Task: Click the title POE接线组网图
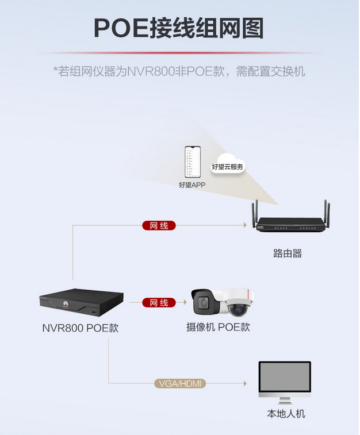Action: tap(179, 28)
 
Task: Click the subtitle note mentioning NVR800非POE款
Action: tap(179, 71)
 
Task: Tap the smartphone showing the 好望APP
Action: tap(193, 163)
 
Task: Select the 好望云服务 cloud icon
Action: tap(228, 164)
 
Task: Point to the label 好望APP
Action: tap(192, 185)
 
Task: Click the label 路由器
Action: tap(287, 253)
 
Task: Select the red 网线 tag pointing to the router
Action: tap(159, 225)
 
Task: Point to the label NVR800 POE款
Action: tap(81, 328)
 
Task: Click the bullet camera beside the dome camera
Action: tap(207, 302)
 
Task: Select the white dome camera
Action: tap(239, 303)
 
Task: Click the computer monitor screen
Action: tap(285, 376)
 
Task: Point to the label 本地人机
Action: tap(286, 414)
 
